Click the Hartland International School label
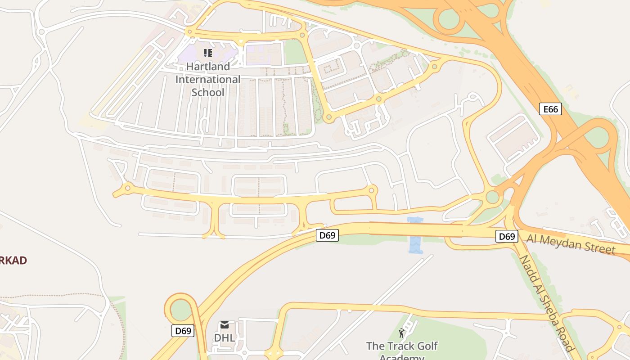[x=207, y=79]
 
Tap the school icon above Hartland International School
[x=207, y=53]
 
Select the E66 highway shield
[x=550, y=109]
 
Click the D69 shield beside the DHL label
[x=183, y=331]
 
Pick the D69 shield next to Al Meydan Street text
[x=507, y=236]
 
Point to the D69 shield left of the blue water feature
[x=327, y=235]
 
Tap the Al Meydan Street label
[x=571, y=244]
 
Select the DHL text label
[x=224, y=337]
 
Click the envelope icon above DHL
[x=224, y=324]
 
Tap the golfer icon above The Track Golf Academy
[x=401, y=333]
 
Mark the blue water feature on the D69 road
[x=415, y=235]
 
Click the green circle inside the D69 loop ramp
[x=181, y=310]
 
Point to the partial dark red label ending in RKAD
[x=13, y=260]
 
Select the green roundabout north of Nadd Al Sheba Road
[x=492, y=197]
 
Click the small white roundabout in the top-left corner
[x=41, y=31]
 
